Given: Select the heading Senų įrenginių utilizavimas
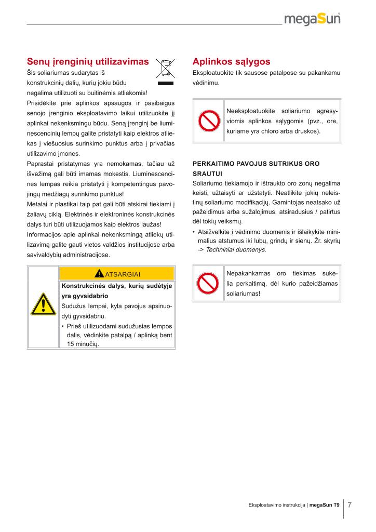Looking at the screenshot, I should tap(88, 62).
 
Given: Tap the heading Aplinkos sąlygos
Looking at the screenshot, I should tap(231, 62).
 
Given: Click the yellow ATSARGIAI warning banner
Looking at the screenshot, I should tap(117, 274).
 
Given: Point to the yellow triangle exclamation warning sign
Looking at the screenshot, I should tap(44, 304).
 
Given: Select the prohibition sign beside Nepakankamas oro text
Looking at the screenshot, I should tap(208, 283).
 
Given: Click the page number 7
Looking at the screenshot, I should tap(350, 504).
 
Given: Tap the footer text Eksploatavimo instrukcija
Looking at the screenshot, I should tap(277, 505).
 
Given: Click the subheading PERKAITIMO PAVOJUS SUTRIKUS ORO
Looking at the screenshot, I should tap(256, 164).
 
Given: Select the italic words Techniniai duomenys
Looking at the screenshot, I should tap(235, 250).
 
